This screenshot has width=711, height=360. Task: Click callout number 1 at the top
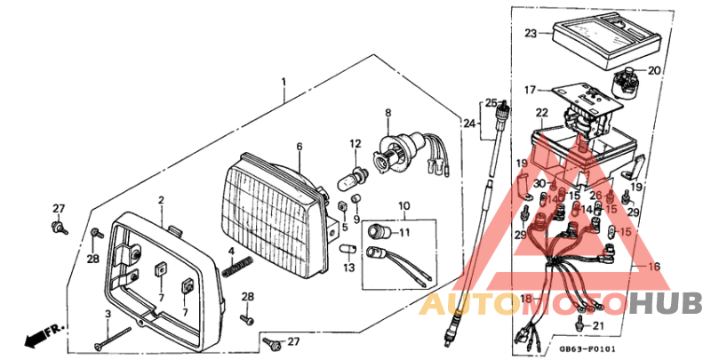click(284, 82)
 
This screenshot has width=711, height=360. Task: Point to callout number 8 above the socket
click(387, 113)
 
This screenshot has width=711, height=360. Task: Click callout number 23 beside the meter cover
click(531, 34)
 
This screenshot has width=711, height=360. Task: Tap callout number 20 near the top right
click(655, 71)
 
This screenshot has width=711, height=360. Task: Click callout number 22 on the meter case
click(542, 113)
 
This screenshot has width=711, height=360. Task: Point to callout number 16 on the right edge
click(654, 266)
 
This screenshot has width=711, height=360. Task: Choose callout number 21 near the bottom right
click(598, 326)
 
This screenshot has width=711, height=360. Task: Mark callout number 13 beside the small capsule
click(348, 267)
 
